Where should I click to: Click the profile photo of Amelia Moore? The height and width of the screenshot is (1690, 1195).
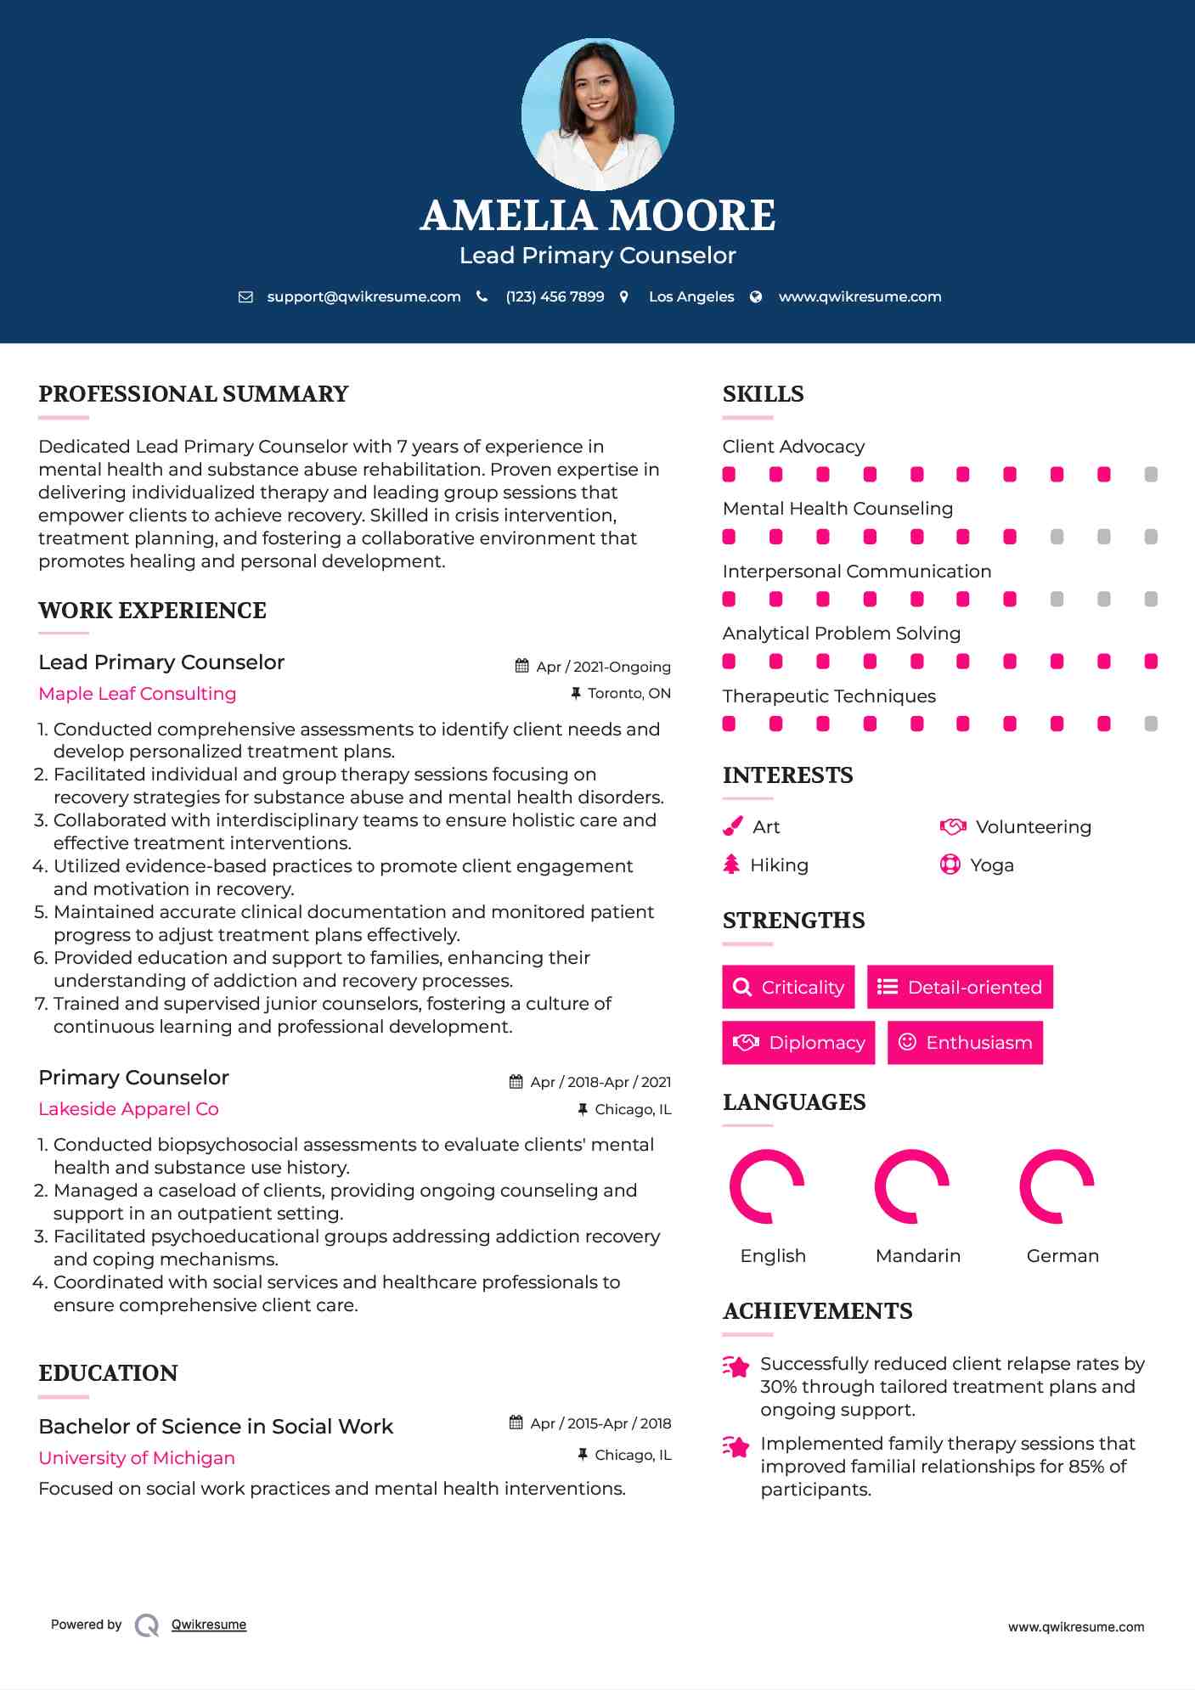click(x=597, y=115)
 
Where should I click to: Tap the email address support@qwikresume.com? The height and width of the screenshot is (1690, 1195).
click(x=364, y=297)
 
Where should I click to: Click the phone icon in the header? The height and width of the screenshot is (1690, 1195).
click(x=482, y=296)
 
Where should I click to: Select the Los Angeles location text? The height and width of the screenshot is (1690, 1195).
click(x=691, y=297)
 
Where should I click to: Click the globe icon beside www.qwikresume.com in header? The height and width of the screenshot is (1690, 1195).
click(x=756, y=296)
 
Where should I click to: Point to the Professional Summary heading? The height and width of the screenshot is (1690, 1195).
click(x=194, y=394)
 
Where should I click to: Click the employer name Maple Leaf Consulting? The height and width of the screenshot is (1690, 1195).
click(x=138, y=694)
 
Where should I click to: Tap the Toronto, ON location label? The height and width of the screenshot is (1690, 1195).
click(x=629, y=694)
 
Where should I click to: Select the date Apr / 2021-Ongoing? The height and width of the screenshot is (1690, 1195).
click(x=603, y=668)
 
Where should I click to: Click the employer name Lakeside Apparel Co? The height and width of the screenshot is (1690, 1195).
click(x=128, y=1109)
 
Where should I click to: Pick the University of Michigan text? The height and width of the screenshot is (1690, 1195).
click(x=137, y=1458)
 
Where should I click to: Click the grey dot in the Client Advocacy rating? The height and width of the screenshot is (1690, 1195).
click(x=1151, y=475)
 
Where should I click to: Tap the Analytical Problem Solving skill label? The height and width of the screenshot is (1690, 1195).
click(x=842, y=634)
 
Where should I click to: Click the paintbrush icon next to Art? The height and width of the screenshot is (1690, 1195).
click(x=732, y=827)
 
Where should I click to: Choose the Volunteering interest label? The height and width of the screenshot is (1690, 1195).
click(x=1034, y=827)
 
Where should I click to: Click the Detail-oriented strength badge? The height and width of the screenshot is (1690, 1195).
click(x=960, y=987)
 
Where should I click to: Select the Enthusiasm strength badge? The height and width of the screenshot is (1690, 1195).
click(x=965, y=1043)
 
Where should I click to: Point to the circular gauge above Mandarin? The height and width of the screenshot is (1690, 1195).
click(x=912, y=1186)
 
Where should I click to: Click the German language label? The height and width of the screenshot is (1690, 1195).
click(x=1063, y=1256)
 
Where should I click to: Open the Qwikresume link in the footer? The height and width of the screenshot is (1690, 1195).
click(x=209, y=1625)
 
